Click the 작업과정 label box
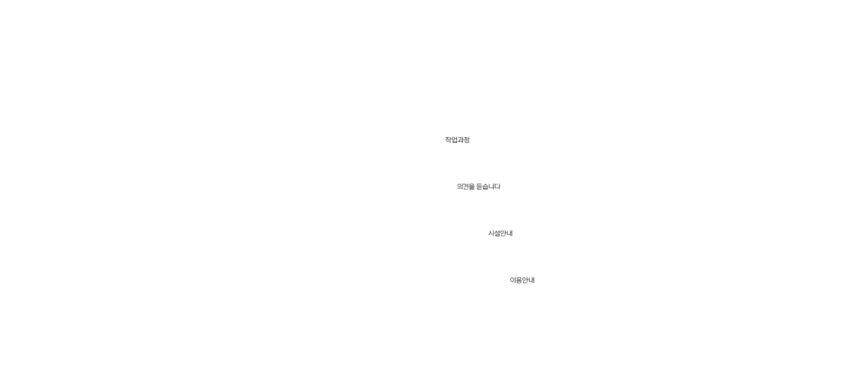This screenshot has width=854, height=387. coord(457,140)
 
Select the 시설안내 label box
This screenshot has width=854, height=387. coord(500,234)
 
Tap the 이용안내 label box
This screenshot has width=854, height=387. coord(522,280)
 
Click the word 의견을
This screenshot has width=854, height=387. coord(466,187)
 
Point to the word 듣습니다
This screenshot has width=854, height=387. coord(489,187)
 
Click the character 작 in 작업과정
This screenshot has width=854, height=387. coord(448,140)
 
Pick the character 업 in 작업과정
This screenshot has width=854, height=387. coord(454,140)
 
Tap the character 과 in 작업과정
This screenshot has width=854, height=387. coord(461,140)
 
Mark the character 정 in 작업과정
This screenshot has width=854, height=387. coord(467,140)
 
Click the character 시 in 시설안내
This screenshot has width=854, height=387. coord(491,234)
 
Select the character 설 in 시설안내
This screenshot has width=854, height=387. coord(498,234)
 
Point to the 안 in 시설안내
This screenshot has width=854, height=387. coord(504,234)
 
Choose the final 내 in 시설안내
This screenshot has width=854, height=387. coord(510,234)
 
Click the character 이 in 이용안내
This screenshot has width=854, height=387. coord(513,280)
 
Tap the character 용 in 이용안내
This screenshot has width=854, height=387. coord(519,280)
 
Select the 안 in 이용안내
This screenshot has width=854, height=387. coord(525,280)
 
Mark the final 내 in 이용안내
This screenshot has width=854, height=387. coord(531,280)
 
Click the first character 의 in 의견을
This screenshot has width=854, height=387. coord(460,187)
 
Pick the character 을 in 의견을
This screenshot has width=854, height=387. coord(472,187)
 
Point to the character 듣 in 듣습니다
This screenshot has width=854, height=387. coord(479,187)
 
